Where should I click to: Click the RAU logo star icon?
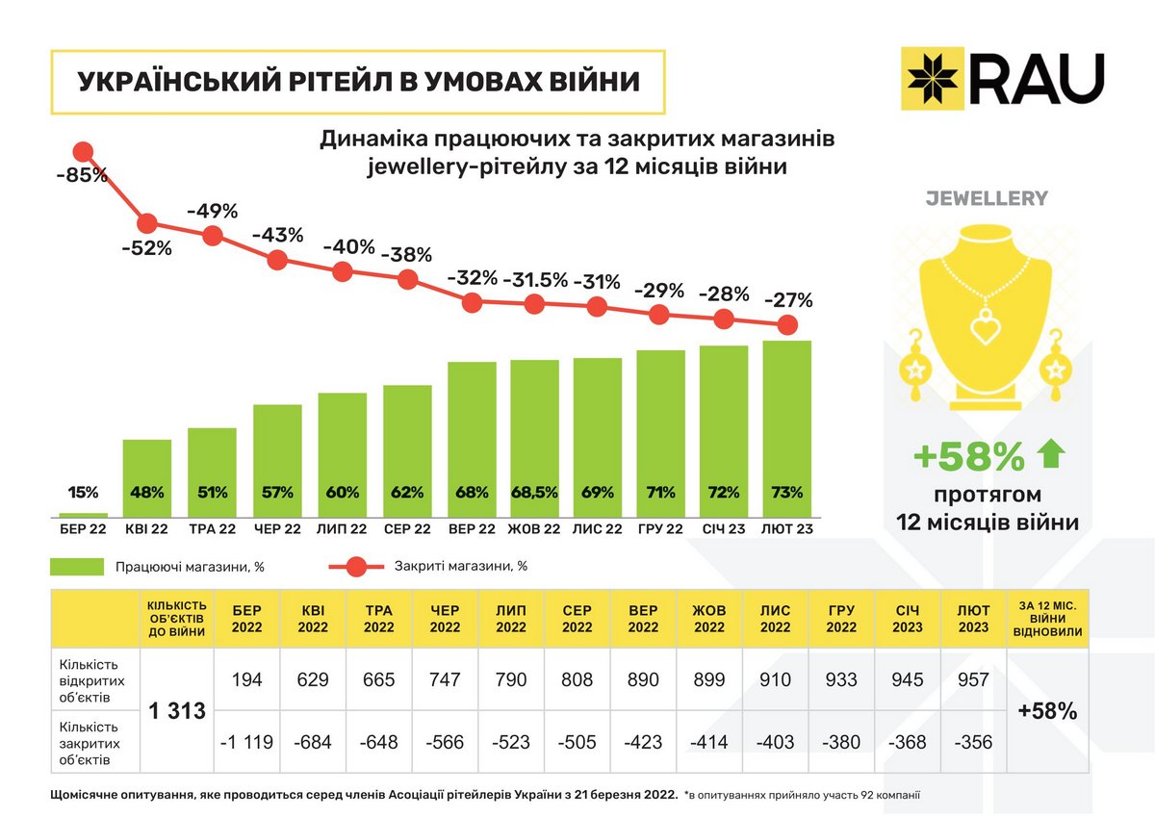coord(933,76)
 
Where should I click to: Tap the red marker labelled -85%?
coord(84,152)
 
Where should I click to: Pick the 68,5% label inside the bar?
coord(534,493)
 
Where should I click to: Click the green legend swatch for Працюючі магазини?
coord(77,567)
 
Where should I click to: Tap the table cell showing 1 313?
coord(176,712)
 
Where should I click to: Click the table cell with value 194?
coord(246,680)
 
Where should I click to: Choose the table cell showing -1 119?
coord(246,742)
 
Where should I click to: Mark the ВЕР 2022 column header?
coord(642,619)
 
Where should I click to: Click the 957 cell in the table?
coord(972,680)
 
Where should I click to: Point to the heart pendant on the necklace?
coord(986,328)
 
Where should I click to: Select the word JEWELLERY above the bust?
coord(986,199)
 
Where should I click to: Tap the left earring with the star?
coord(912,368)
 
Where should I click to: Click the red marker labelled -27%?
coord(786,324)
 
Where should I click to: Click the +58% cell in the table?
coord(1047,712)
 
